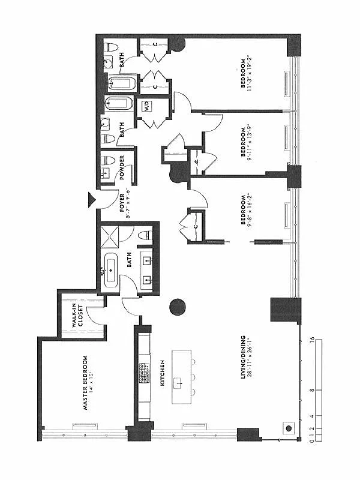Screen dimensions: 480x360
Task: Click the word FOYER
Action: coord(122,203)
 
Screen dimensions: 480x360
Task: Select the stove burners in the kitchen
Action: coord(144,374)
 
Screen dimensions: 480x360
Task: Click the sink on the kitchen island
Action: coord(178,382)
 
